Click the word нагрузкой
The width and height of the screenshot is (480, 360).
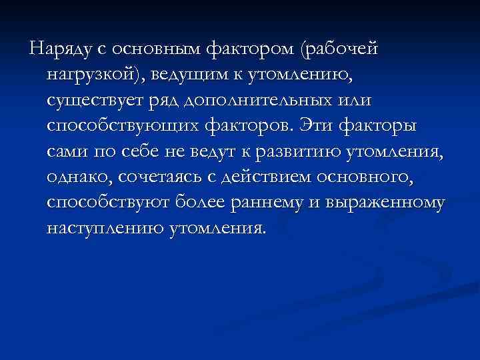coord(93,75)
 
